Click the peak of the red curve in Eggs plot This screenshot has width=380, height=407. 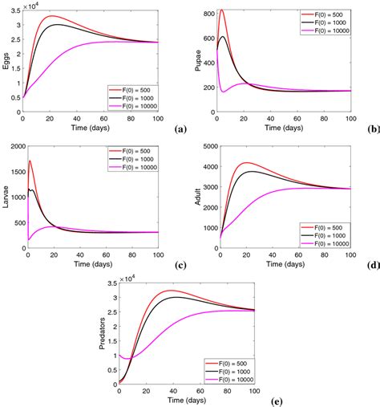51,16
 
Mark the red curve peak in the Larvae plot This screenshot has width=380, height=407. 30,161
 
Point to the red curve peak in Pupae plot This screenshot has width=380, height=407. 221,10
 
